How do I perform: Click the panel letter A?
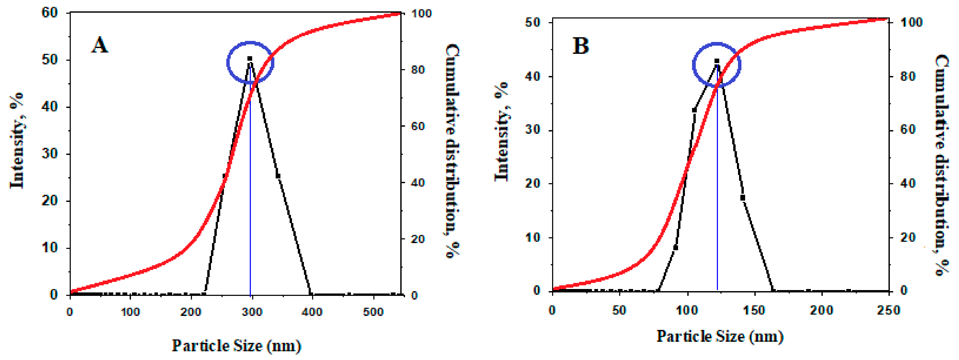pyautogui.click(x=99, y=45)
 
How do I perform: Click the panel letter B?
pyautogui.click(x=580, y=46)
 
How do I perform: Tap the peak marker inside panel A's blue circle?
pyautogui.click(x=250, y=58)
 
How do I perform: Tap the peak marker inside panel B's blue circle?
pyautogui.click(x=717, y=61)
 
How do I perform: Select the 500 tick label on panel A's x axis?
pyautogui.click(x=373, y=312)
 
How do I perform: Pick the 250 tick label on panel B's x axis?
pyautogui.click(x=888, y=310)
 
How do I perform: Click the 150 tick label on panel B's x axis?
pyautogui.click(x=754, y=310)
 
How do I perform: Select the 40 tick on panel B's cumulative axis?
pyautogui.click(x=908, y=183)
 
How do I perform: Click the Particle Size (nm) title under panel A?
pyautogui.click(x=236, y=346)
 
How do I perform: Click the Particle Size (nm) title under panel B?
pyautogui.click(x=720, y=336)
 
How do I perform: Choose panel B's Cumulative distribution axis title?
pyautogui.click(x=942, y=164)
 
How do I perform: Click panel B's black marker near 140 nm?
pyautogui.click(x=743, y=197)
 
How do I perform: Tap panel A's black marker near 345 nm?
pyautogui.click(x=278, y=176)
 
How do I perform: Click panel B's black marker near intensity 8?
pyautogui.click(x=676, y=248)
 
